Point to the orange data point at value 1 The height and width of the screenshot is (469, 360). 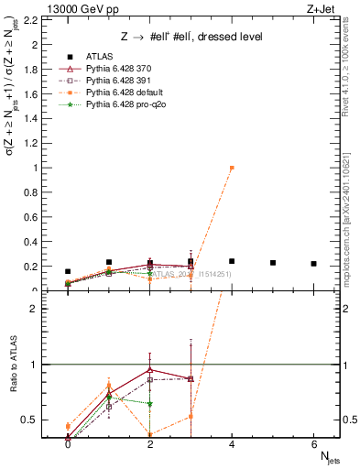(x=232, y=168)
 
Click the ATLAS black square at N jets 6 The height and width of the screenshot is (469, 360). (x=314, y=264)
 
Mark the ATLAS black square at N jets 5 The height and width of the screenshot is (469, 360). (x=273, y=263)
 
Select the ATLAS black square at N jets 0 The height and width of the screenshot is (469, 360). (x=68, y=271)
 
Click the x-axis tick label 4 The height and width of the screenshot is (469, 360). (x=232, y=444)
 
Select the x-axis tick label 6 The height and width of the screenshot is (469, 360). (x=314, y=444)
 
